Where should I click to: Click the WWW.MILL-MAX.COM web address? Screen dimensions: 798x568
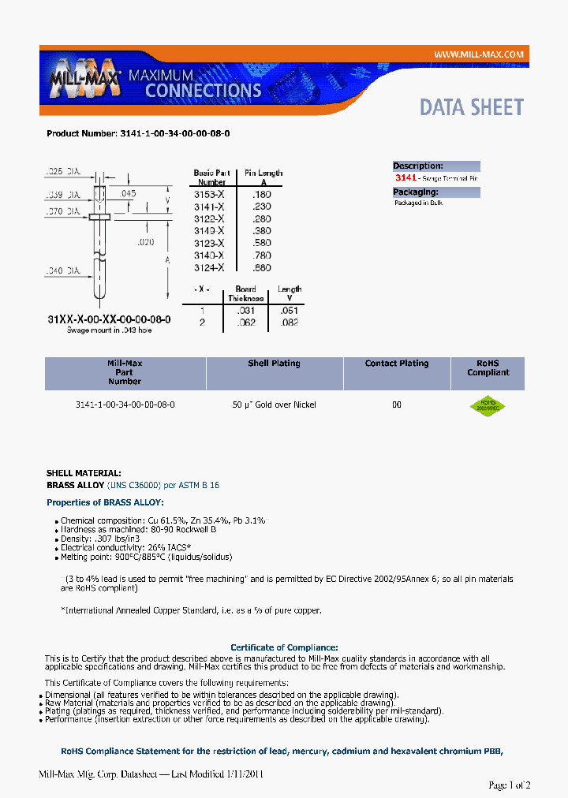479,54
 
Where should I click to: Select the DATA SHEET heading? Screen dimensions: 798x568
471,107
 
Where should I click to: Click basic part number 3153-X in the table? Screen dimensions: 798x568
209,194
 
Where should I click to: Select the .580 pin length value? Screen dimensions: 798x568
261,243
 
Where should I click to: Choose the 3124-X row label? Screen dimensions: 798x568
209,268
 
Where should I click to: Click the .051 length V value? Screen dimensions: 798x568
290,311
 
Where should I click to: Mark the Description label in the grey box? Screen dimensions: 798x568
418,166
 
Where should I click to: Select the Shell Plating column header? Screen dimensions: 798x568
274,364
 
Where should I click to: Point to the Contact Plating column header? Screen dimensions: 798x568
397,364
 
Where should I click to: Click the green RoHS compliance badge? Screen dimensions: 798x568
487,406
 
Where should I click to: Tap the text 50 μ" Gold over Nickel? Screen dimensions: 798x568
274,405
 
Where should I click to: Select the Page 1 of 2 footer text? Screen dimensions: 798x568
510,785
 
